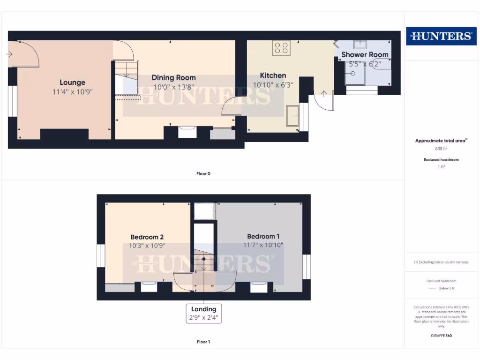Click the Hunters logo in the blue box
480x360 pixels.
click(441, 36)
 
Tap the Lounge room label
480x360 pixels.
click(72, 82)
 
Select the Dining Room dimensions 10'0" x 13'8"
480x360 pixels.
click(173, 87)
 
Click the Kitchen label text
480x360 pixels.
click(273, 75)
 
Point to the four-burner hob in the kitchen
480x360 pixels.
click(281, 48)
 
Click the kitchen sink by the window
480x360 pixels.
click(293, 116)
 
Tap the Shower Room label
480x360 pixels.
click(365, 55)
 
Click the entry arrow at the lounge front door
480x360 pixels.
click(9, 54)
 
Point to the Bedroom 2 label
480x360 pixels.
click(147, 237)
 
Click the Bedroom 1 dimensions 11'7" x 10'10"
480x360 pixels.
click(263, 245)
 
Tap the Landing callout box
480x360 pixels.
click(204, 313)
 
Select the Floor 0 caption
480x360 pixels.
click(203, 173)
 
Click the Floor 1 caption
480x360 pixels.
click(203, 342)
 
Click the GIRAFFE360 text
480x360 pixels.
click(441, 336)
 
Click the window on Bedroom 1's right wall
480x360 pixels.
click(307, 266)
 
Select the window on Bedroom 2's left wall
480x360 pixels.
click(100, 256)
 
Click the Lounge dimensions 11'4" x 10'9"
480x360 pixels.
click(72, 92)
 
